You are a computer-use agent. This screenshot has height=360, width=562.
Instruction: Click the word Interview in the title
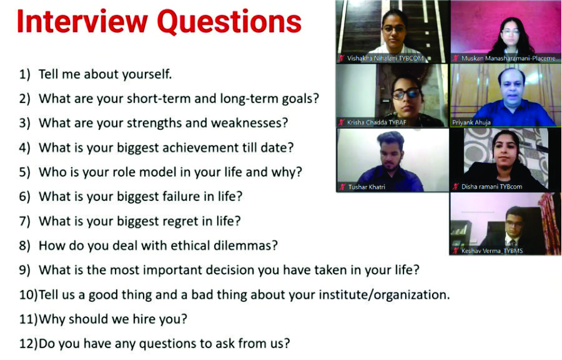(x=82, y=21)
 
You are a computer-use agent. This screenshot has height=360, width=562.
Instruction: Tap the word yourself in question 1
(x=147, y=74)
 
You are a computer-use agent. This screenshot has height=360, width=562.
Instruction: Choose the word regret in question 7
(x=180, y=221)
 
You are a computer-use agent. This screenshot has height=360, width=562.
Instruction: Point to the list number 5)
(x=25, y=172)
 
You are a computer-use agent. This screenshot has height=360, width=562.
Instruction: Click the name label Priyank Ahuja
(x=471, y=122)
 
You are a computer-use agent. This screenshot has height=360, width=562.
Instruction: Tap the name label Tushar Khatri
(x=367, y=187)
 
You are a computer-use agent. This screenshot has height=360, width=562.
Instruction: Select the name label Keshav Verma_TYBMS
(x=492, y=251)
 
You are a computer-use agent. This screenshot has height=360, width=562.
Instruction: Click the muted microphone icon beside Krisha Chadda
(x=342, y=122)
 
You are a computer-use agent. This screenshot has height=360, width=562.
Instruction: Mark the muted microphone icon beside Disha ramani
(x=456, y=187)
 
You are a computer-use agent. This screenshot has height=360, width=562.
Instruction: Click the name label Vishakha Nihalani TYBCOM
(x=385, y=59)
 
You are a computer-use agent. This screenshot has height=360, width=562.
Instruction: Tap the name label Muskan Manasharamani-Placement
(x=508, y=59)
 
